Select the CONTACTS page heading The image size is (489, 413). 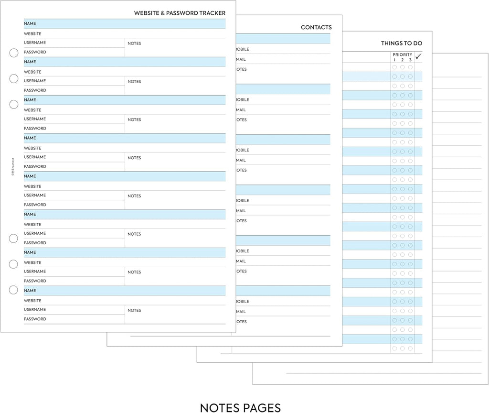pyautogui.click(x=316, y=28)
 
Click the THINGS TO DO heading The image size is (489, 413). pyautogui.click(x=401, y=43)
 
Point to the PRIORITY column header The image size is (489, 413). pyautogui.click(x=402, y=55)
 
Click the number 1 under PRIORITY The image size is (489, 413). pyautogui.click(x=394, y=60)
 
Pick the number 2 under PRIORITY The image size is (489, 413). pyautogui.click(x=402, y=60)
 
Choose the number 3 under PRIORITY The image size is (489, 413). pyautogui.click(x=410, y=60)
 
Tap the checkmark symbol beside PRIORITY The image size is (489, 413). pyautogui.click(x=418, y=57)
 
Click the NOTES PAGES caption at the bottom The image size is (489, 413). pyautogui.click(x=240, y=408)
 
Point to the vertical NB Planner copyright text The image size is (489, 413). pyautogui.click(x=12, y=167)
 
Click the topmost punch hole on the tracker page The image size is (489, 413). pyautogui.click(x=14, y=53)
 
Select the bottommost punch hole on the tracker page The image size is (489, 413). pyautogui.click(x=14, y=290)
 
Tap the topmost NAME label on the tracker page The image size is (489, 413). pyautogui.click(x=30, y=23)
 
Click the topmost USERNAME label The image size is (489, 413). pyautogui.click(x=35, y=43)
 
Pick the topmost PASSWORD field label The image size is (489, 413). pyautogui.click(x=35, y=52)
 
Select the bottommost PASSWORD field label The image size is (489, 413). pyautogui.click(x=35, y=319)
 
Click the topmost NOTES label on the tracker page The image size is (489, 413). pyautogui.click(x=134, y=43)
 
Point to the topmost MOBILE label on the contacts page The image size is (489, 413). pyautogui.click(x=242, y=49)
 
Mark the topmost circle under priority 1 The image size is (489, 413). pyautogui.click(x=394, y=67)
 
